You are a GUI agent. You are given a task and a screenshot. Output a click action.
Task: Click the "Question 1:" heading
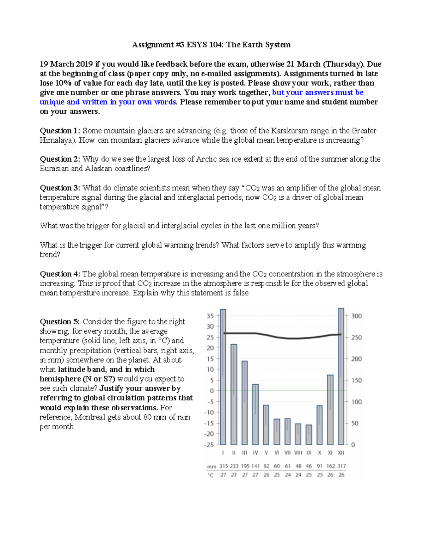60,131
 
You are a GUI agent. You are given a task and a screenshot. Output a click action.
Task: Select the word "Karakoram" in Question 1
286,131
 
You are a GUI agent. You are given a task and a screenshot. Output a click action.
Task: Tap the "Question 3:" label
60,188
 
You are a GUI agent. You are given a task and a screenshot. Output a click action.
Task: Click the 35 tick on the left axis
210,316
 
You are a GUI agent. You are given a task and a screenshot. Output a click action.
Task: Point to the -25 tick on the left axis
209,445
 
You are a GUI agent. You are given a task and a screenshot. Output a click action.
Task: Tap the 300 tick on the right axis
356,316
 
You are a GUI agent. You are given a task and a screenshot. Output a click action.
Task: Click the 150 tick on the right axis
356,380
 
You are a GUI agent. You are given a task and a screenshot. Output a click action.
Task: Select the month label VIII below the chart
298,453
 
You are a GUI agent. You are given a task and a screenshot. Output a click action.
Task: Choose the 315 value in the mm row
223,466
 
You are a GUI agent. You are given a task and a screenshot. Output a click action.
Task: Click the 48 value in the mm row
298,466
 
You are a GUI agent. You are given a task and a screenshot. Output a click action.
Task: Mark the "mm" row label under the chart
211,466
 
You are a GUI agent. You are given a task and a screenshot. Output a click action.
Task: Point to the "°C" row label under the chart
210,475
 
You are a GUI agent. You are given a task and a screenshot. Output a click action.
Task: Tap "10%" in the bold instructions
63,83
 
